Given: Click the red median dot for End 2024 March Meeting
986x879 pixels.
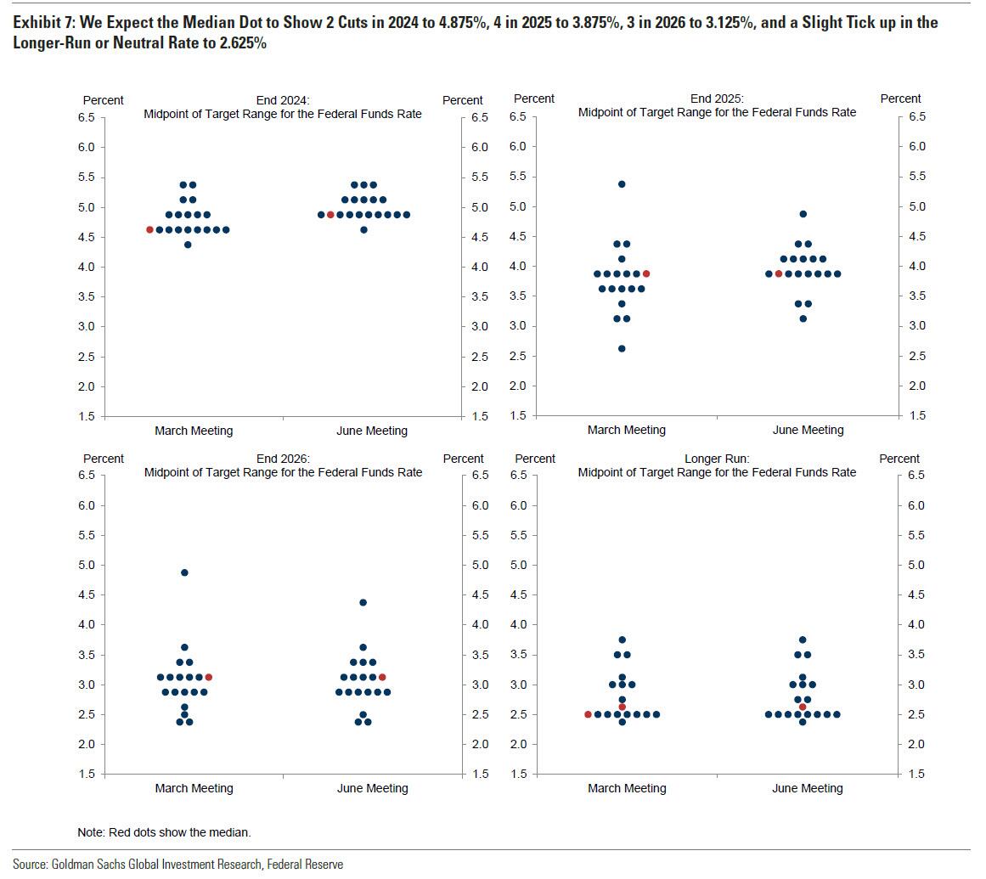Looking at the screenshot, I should click(x=150, y=230).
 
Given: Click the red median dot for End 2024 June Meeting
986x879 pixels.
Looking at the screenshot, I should click(x=330, y=215).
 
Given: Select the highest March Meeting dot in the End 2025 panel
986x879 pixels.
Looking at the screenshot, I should click(x=622, y=184).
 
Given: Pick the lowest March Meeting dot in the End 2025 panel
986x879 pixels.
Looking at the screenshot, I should click(x=622, y=348).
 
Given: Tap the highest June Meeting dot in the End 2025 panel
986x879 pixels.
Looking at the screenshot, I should click(x=803, y=214).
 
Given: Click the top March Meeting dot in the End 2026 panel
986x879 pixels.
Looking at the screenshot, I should click(x=184, y=572).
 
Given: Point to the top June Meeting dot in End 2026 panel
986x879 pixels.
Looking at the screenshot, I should click(x=363, y=602).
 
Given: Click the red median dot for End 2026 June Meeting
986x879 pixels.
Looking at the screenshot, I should click(x=382, y=677).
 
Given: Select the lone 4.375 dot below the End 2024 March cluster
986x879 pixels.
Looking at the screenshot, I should click(x=188, y=245).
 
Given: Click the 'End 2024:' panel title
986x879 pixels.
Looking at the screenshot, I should click(x=283, y=100).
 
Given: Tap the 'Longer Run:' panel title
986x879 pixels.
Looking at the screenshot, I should click(x=717, y=459).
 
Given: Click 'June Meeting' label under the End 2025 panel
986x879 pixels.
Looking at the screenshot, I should click(x=808, y=430).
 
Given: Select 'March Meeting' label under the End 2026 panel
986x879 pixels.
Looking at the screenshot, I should click(x=194, y=788).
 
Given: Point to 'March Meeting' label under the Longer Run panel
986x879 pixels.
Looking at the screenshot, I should click(x=627, y=788).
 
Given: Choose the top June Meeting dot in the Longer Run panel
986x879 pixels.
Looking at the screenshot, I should click(x=803, y=640).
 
